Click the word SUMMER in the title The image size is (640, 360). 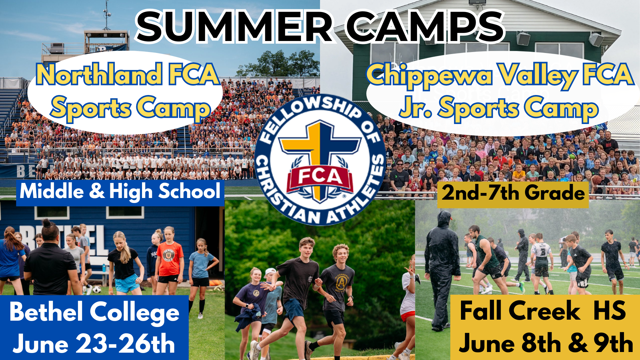[x=233, y=27]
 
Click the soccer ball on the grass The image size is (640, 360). [x=97, y=289]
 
